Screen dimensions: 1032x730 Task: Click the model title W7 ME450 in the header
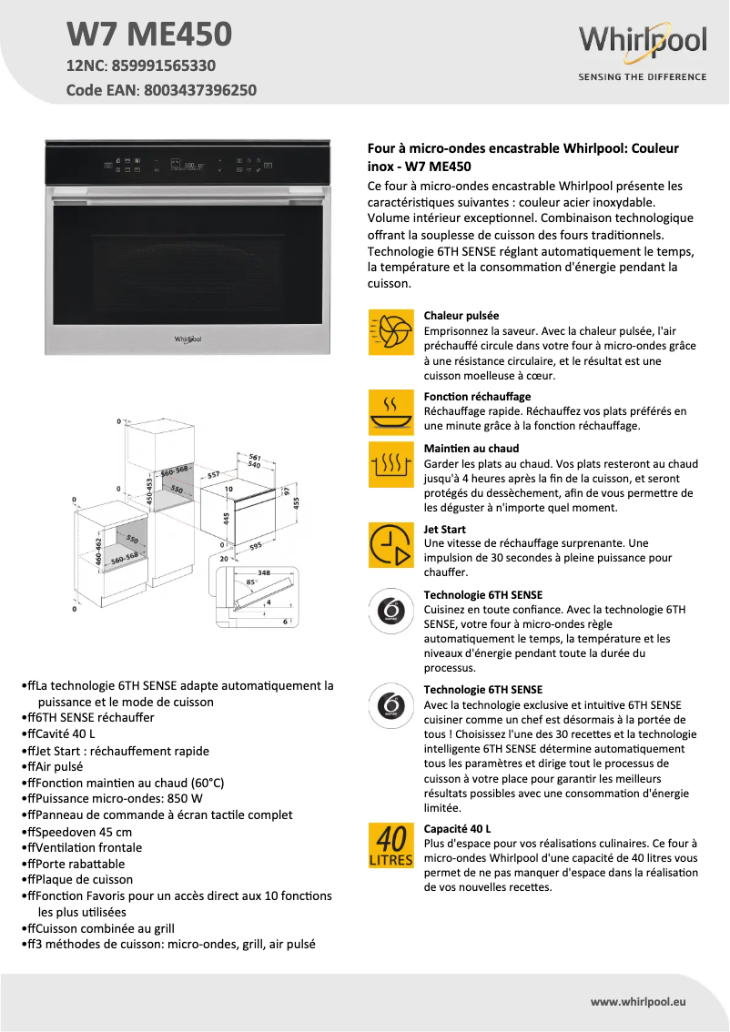pyautogui.click(x=149, y=35)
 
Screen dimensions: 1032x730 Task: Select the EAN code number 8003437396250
pyautogui.click(x=199, y=90)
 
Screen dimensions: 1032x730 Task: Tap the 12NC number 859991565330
pyautogui.click(x=164, y=66)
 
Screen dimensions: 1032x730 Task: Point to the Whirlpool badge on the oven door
pyautogui.click(x=188, y=339)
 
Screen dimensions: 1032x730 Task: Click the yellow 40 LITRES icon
pyautogui.click(x=390, y=845)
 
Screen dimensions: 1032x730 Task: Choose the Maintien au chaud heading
pyautogui.click(x=471, y=449)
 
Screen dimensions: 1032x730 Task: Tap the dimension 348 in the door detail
pyautogui.click(x=264, y=572)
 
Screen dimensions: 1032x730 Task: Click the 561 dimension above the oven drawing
pyautogui.click(x=255, y=456)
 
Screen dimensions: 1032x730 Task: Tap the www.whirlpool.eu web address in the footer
pyautogui.click(x=638, y=1001)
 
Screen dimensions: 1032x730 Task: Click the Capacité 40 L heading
pyautogui.click(x=458, y=828)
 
